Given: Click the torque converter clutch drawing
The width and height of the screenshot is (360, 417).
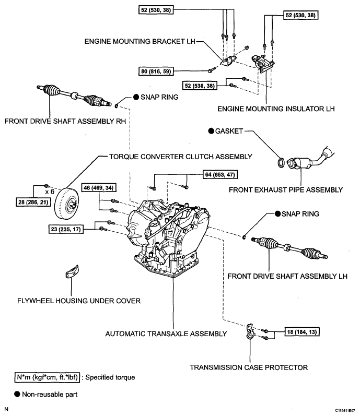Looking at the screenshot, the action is pos(66,204).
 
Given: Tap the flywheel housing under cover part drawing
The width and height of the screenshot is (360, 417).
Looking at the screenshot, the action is pos(72,271).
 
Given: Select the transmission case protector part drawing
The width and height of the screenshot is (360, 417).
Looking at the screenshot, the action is pos(250,331).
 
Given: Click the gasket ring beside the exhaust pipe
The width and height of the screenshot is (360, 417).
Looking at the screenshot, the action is pos(281,163).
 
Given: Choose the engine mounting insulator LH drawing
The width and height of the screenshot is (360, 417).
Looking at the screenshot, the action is pos(263,63).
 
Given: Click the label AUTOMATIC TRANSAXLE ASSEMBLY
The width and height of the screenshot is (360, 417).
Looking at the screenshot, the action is pos(166,334).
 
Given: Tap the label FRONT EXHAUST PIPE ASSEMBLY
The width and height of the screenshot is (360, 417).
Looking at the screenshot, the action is pos(286,190).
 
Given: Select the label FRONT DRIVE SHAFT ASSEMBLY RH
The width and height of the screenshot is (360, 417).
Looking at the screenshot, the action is pos(65,121).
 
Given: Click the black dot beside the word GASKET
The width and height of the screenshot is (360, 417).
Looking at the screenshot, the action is pos(211,131).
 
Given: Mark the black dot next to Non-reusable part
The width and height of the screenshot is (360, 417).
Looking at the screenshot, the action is pos(17,394).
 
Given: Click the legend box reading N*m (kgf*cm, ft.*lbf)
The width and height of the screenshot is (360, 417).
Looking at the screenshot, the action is pos(47,377).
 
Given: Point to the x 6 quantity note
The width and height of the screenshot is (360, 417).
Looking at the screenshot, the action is pos(50,192).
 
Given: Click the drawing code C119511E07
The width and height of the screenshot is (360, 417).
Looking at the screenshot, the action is pos(345,411).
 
